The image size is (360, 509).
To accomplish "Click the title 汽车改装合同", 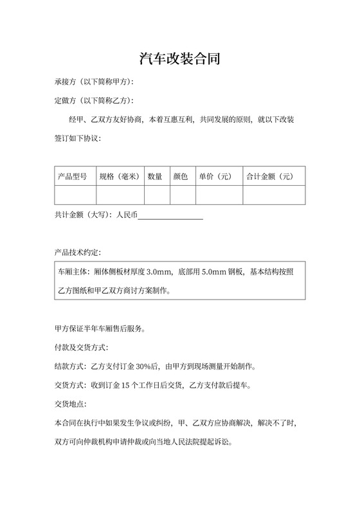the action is point(180,60).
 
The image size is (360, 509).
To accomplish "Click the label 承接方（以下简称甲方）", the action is point(94,82).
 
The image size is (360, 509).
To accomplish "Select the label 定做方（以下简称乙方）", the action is point(94,101).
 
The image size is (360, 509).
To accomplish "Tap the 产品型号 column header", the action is point(73,176).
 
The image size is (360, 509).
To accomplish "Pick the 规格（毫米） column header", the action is point(120,176).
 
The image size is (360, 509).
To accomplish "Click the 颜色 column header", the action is point(181,176).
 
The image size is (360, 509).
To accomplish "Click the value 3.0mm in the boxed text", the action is point(159,272).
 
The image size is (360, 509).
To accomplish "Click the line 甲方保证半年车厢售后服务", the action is point(100,330).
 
